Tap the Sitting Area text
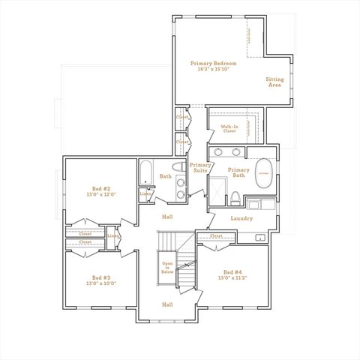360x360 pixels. [x=275, y=82]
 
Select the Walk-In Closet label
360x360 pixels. [x=229, y=129]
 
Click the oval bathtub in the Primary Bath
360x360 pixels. [x=262, y=174]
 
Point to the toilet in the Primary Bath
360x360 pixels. [x=235, y=198]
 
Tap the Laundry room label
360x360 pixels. [x=241, y=218]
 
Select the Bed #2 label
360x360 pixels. [x=101, y=188]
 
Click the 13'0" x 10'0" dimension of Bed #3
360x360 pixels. [x=101, y=283]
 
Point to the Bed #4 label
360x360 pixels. [x=232, y=271]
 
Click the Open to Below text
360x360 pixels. [x=168, y=268]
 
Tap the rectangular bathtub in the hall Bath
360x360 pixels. [x=146, y=174]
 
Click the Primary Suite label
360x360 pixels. [x=199, y=168]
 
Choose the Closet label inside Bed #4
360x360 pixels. [x=216, y=236]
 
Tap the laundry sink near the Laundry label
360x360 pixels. [x=260, y=238]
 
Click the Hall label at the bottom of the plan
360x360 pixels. [x=167, y=304]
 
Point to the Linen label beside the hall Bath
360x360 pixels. [x=144, y=195]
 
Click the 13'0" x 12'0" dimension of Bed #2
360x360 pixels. [x=101, y=193]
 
